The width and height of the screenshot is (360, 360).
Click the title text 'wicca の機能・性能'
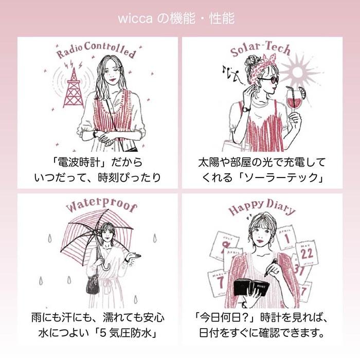pos(176,19)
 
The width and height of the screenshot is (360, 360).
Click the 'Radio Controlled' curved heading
pos(97,50)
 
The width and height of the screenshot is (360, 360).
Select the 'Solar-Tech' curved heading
pos(260,49)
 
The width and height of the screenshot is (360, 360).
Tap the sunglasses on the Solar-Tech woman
pos(269,80)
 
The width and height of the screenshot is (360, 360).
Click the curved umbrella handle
pos(105,267)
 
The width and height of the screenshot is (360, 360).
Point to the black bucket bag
pos(93,285)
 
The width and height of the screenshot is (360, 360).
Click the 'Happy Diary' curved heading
pos(262,207)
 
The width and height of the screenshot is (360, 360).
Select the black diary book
pos(251,287)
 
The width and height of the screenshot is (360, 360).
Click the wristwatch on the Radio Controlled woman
pos(95,133)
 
